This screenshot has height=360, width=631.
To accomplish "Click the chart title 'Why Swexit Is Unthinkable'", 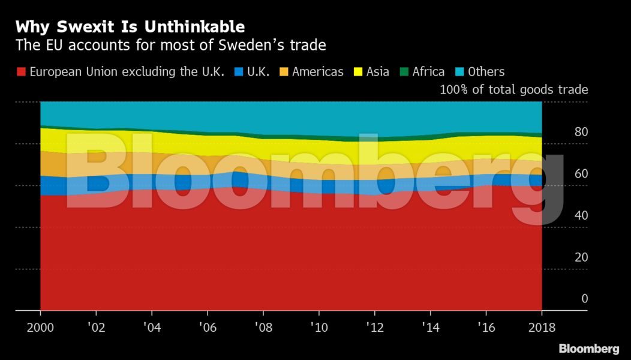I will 130,26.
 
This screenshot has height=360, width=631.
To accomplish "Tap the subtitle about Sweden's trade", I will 170,45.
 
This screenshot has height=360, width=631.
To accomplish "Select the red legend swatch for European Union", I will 21,72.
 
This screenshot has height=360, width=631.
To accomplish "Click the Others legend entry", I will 486,72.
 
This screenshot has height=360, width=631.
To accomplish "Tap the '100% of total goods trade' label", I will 513,90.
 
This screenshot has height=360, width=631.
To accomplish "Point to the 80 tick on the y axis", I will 581,132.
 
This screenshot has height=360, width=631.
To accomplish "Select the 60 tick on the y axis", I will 581,174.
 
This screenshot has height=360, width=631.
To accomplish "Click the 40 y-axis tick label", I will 581,215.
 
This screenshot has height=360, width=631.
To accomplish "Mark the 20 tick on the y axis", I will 581,257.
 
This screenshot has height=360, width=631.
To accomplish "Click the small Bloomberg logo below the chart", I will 589,349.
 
